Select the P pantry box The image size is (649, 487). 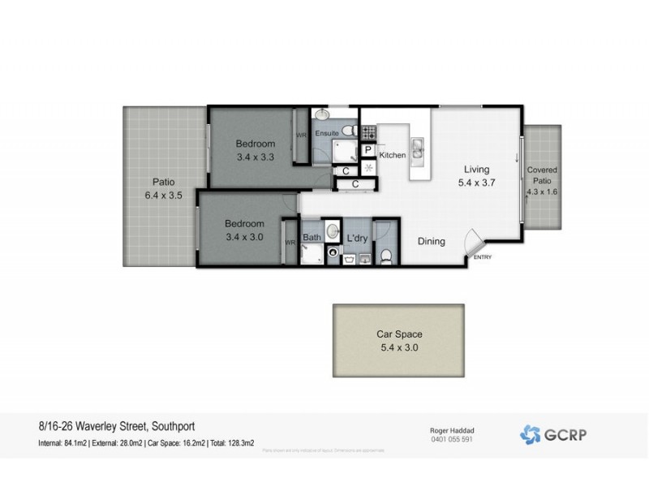point(367,150)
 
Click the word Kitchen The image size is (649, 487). point(392,154)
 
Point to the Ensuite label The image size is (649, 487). point(327,131)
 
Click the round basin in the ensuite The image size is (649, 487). point(324,114)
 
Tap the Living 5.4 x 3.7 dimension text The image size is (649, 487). point(476,183)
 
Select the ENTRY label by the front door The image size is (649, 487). point(482,259)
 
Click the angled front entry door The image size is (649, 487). point(475,241)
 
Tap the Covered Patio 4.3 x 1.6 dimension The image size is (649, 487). point(541,192)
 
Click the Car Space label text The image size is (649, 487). point(398,334)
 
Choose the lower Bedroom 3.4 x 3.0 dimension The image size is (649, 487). point(244,237)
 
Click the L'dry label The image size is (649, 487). point(358,237)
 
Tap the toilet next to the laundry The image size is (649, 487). point(387,257)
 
